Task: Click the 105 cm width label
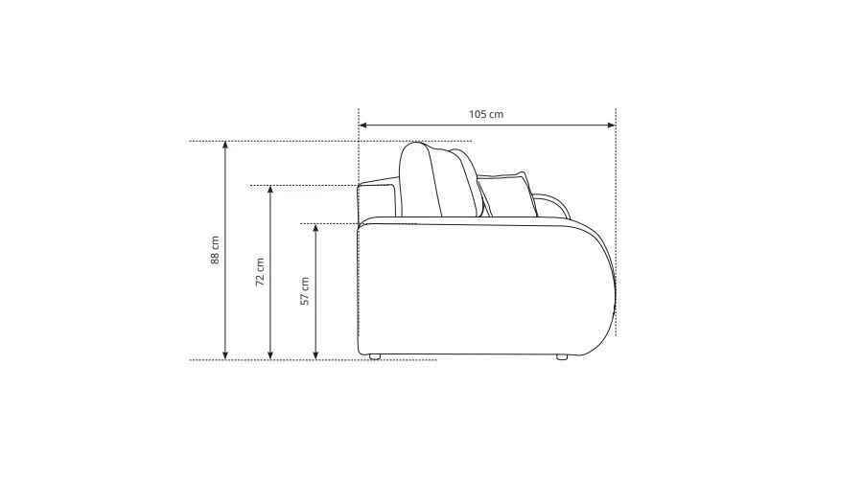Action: pos(486,114)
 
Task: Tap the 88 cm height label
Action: pos(215,250)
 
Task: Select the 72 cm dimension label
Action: pos(260,272)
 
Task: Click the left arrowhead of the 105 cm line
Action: pos(362,125)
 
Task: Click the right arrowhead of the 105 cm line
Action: pos(612,125)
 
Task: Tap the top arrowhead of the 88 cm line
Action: pos(225,146)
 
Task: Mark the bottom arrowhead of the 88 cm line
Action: pos(225,355)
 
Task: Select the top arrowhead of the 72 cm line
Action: pos(270,190)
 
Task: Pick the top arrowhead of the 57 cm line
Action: pos(315,228)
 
